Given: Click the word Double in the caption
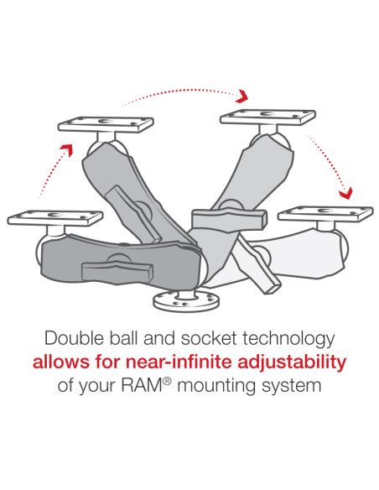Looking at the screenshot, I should point(72,340).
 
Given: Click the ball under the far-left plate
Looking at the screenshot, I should point(49,243).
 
